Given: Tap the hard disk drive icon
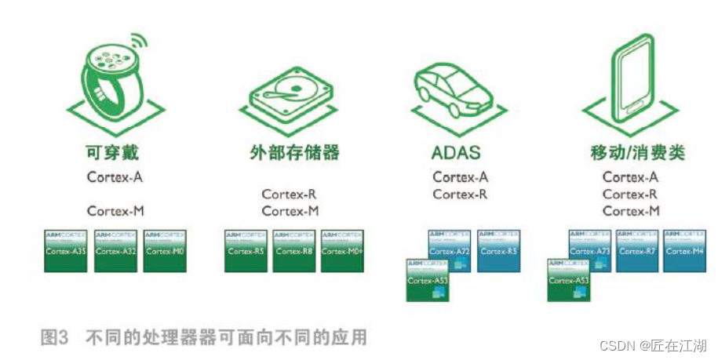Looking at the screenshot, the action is [290, 94].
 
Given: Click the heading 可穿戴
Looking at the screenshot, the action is [115, 151].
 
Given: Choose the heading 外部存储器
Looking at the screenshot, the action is [290, 151].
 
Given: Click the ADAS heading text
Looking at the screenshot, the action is [456, 151].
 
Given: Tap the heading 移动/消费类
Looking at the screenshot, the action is [636, 151].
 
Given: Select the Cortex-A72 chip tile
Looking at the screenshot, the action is [450, 249].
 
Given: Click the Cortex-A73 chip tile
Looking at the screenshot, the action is [590, 249].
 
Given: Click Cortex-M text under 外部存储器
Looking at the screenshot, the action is [290, 211].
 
